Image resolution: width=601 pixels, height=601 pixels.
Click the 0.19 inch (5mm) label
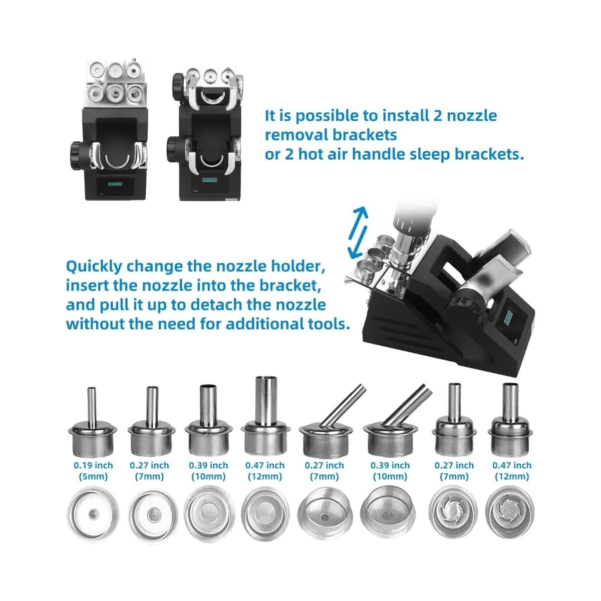point(93,471)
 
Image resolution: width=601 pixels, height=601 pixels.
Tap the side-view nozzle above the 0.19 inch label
point(92,422)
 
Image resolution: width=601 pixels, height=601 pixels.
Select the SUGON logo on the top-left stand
point(115,184)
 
